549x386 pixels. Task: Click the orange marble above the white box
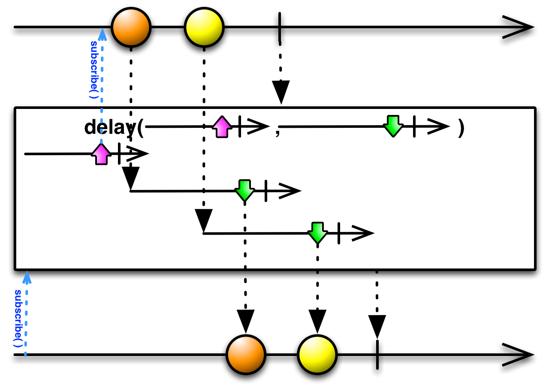point(131,27)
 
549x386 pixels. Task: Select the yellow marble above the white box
point(204,27)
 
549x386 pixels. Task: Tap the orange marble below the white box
point(246,355)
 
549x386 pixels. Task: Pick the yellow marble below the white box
point(317,355)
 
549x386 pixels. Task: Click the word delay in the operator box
point(110,127)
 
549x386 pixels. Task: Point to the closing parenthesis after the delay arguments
point(461,127)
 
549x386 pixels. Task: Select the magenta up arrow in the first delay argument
point(222,127)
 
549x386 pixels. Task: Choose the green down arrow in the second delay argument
point(393,126)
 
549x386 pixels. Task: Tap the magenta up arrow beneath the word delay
point(101,154)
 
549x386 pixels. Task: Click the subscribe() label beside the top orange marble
point(94,69)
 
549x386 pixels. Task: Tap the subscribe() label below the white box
point(18,318)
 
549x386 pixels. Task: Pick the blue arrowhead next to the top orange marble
point(102,34)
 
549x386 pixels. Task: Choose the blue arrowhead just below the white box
point(27,277)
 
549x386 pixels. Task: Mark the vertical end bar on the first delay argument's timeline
point(240,127)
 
